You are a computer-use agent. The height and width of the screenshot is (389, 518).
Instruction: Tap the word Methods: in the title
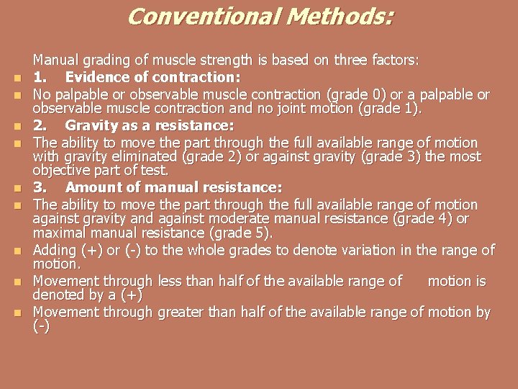(x=340, y=17)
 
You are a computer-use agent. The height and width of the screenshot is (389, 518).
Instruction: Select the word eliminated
(x=150, y=157)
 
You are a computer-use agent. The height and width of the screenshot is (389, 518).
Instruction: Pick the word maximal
(x=61, y=234)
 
